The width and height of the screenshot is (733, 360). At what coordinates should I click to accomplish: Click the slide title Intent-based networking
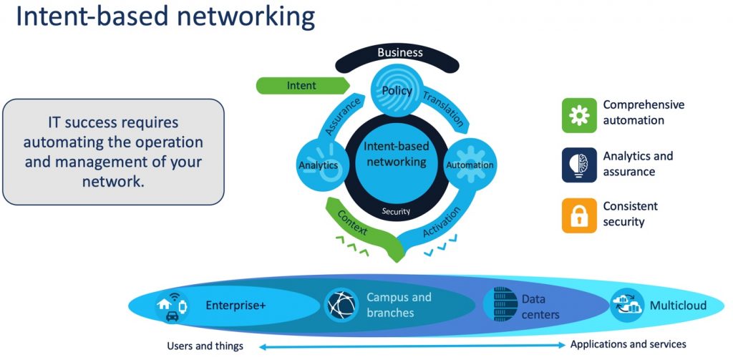click(165, 17)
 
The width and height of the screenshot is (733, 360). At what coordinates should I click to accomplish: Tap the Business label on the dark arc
click(400, 52)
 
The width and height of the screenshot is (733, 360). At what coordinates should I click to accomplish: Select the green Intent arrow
click(301, 86)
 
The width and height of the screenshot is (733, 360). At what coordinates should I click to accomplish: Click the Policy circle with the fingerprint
click(397, 92)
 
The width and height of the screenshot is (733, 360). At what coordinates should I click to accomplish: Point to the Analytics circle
click(319, 165)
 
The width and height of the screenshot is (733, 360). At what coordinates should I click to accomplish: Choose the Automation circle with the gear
click(470, 165)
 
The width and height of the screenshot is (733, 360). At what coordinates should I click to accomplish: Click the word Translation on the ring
click(443, 108)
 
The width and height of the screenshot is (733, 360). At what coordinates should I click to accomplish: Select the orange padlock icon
click(579, 215)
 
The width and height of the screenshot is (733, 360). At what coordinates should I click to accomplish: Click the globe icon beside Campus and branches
click(341, 305)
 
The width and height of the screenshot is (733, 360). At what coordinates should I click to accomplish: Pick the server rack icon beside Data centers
click(500, 304)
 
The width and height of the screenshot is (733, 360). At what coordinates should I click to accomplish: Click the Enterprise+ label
click(236, 306)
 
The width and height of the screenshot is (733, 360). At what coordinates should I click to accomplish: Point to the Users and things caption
click(205, 346)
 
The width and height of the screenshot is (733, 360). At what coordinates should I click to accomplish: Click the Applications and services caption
click(628, 345)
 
